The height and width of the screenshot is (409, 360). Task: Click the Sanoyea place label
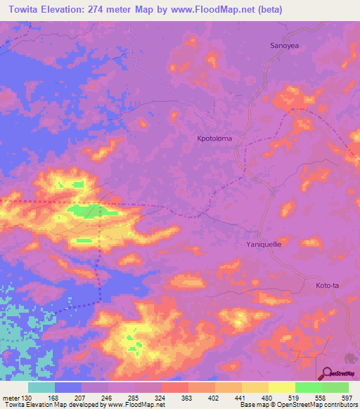tap(286, 46)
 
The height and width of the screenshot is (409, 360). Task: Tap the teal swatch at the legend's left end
tap(41, 387)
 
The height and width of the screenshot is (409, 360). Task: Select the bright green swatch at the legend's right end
tap(335, 387)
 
